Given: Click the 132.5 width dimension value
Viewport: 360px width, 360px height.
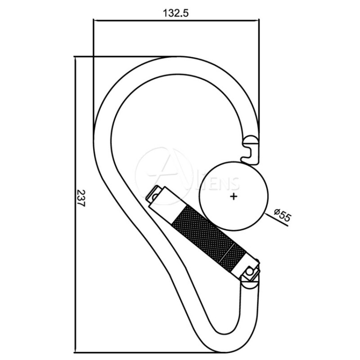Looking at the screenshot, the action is [x=175, y=13].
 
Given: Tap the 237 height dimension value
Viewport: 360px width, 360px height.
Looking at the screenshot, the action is [x=81, y=198].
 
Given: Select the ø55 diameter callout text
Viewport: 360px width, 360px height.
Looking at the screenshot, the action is [x=283, y=215].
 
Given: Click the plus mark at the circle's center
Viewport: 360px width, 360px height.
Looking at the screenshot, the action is [x=234, y=197].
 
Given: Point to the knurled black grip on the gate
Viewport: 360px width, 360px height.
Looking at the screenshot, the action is [x=209, y=238].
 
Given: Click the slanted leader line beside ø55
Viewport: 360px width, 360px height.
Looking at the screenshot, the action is [x=276, y=219].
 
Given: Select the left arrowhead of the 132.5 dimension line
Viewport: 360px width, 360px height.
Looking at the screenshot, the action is [x=96, y=20].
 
